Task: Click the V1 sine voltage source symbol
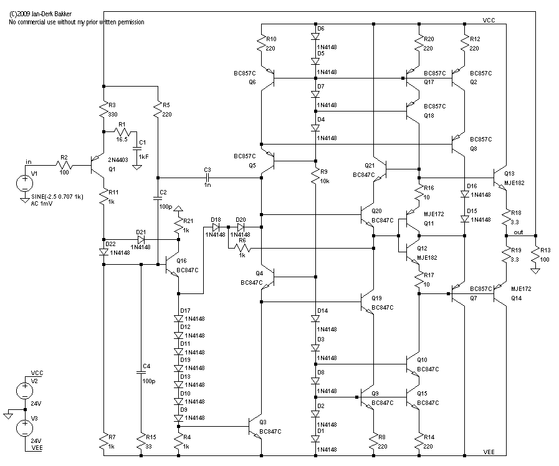pyautogui.click(x=25, y=183)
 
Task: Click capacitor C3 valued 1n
pyautogui.click(x=208, y=178)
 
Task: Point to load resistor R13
pyautogui.click(x=535, y=254)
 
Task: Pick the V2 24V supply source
pyautogui.click(x=25, y=391)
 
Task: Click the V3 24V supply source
pyautogui.click(x=25, y=428)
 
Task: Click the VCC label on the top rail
pyautogui.click(x=489, y=21)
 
